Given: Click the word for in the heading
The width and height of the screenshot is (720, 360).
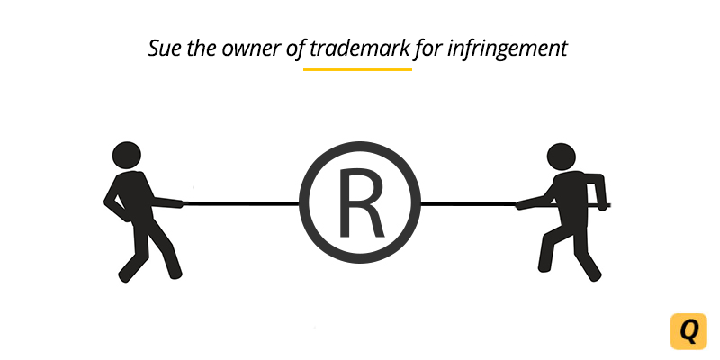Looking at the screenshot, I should pyautogui.click(x=427, y=48).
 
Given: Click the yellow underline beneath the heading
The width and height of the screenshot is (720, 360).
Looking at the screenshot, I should pyautogui.click(x=357, y=68).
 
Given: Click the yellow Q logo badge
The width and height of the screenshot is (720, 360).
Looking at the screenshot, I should pyautogui.click(x=688, y=331).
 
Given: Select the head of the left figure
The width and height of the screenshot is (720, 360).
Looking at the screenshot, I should pyautogui.click(x=128, y=154).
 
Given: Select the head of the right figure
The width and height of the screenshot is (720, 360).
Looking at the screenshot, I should pyautogui.click(x=560, y=155).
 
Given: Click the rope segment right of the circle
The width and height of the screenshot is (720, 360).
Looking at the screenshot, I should pyautogui.click(x=468, y=204).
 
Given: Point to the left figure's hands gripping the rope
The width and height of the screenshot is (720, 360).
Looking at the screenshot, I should pyautogui.click(x=180, y=202).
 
